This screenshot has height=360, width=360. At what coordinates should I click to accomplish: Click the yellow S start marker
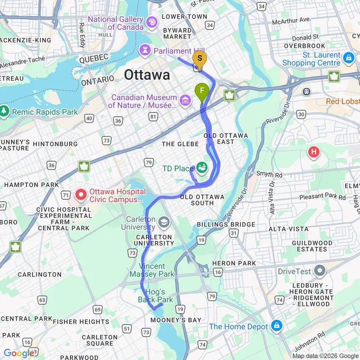[200, 59]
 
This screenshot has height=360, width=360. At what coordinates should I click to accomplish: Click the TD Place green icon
[202, 168]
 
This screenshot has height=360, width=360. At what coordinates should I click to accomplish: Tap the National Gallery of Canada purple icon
[152, 22]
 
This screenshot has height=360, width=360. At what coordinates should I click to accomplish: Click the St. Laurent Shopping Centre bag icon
[348, 59]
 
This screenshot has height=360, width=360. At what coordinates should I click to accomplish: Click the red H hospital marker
[314, 153]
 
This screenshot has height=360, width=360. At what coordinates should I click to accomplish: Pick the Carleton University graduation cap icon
[164, 222]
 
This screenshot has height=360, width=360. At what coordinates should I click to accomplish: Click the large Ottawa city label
[147, 75]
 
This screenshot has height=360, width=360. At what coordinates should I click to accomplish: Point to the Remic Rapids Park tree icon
[5, 111]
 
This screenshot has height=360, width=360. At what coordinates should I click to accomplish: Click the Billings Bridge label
[226, 225]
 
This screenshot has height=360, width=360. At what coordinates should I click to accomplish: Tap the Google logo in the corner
[19, 353]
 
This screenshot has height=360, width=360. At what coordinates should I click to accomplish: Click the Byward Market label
[177, 33]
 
